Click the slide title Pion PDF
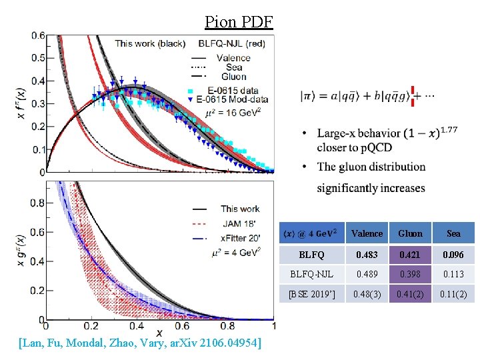(239, 22)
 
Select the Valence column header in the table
(367, 233)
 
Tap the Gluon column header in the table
(410, 233)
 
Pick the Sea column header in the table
(453, 233)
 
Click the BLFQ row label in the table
(311, 254)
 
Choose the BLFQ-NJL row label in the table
(311, 273)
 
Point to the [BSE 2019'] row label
(311, 293)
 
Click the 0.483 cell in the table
(367, 254)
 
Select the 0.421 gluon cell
(410, 254)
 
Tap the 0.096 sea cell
(453, 254)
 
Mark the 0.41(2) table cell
(410, 293)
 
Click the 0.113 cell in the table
(453, 273)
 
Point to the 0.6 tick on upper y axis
(38, 35)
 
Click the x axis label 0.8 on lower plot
(228, 327)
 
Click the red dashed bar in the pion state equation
(413, 96)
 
